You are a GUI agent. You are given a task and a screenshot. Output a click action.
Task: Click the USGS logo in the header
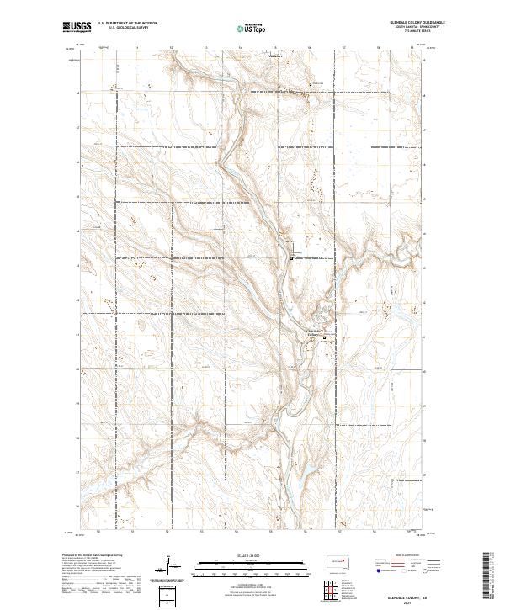[77, 27]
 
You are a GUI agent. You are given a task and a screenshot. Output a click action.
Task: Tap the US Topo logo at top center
[252, 28]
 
